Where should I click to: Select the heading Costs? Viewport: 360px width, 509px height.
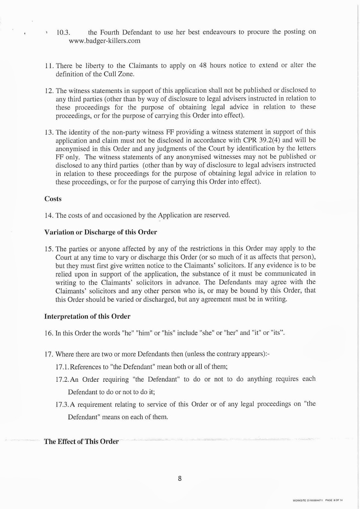pyautogui.click(x=53, y=199)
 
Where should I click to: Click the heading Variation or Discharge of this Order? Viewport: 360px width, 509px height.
pyautogui.click(x=101, y=232)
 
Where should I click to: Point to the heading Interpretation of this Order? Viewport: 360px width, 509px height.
pyautogui.click(x=87, y=317)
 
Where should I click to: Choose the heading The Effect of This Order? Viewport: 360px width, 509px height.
pyautogui.click(x=81, y=442)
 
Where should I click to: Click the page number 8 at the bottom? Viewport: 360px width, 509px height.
pyautogui.click(x=180, y=478)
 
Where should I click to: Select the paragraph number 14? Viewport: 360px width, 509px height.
pyautogui.click(x=49, y=215)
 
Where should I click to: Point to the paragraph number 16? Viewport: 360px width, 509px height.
pyautogui.click(x=49, y=333)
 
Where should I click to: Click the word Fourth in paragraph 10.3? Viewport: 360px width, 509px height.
pyautogui.click(x=110, y=32)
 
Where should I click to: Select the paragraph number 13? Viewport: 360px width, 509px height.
pyautogui.click(x=49, y=132)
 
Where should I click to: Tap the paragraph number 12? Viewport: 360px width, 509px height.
pyautogui.click(x=49, y=90)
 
